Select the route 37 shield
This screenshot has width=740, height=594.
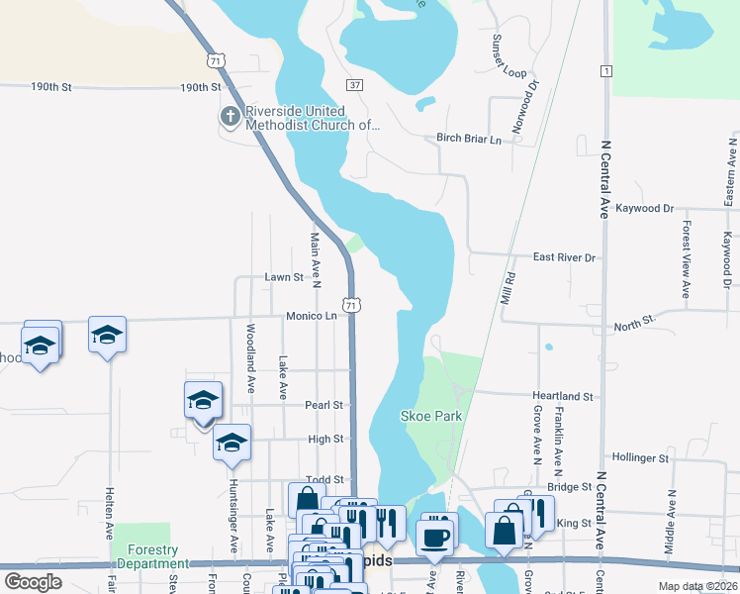coord(355,85)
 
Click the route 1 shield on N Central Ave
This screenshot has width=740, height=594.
coord(604,70)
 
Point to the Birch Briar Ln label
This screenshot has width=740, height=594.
coord(470,140)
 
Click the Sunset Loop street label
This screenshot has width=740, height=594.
coord(509,56)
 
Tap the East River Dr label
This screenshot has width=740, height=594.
coord(564,257)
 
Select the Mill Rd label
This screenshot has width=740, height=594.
coord(509,288)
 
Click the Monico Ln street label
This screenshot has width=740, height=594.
coord(312,317)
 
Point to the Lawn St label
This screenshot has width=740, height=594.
coord(283,277)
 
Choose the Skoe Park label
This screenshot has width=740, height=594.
coord(431,416)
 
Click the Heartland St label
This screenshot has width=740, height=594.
coord(562,396)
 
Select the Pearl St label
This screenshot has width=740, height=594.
coord(324,405)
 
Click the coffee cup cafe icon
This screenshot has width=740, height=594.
coord(435,536)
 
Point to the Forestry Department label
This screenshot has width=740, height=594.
coord(145,557)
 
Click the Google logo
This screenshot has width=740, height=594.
coord(33,582)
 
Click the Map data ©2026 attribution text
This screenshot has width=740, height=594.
coord(696,586)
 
